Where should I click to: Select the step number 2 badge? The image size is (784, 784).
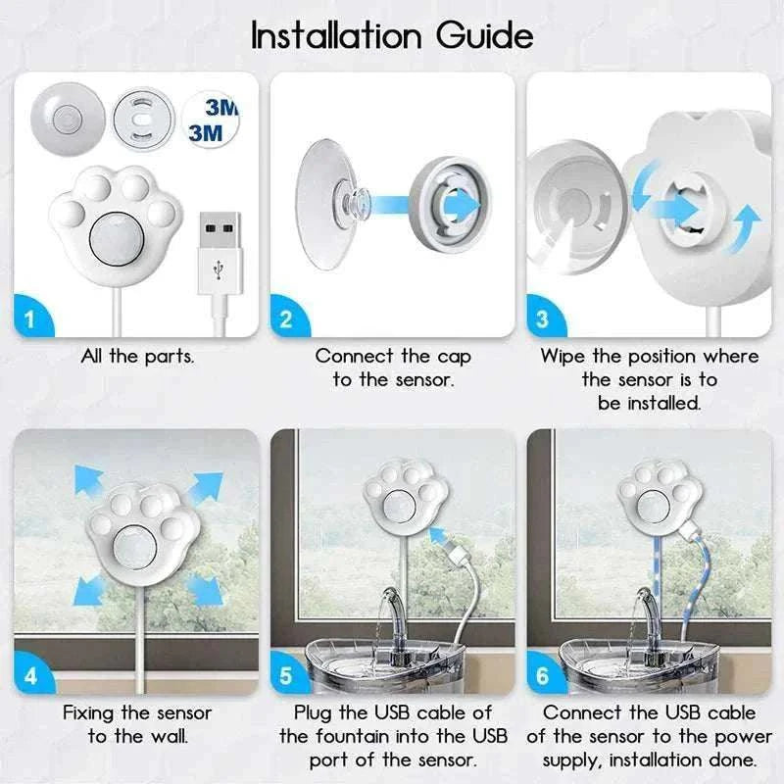286,318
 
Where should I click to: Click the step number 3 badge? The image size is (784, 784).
543,318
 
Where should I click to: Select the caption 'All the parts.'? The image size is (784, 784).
137,356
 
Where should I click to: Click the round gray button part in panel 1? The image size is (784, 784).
68,117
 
